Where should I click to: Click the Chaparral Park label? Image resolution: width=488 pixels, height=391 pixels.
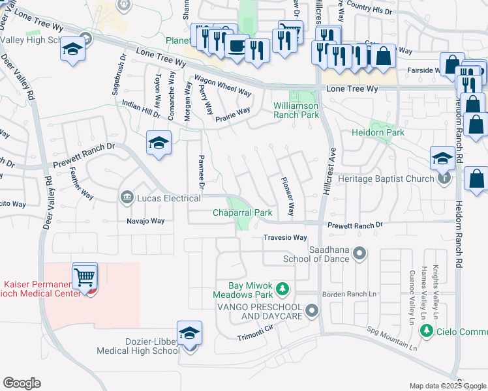[x=243, y=213]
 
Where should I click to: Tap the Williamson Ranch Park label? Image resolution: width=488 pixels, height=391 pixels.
[x=296, y=110]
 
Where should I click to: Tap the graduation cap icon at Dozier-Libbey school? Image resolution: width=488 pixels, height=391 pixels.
[x=189, y=334]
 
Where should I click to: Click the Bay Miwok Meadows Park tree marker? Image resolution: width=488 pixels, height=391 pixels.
[x=282, y=287]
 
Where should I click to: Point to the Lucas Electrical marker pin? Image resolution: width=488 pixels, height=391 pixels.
[x=125, y=197]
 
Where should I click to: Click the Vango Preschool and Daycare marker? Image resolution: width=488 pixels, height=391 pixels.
[x=312, y=311]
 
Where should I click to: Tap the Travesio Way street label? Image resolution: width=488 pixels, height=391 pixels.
[x=285, y=238]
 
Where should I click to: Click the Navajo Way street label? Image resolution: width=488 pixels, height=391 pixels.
[x=145, y=221]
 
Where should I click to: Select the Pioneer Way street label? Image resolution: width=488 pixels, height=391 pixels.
[x=288, y=197]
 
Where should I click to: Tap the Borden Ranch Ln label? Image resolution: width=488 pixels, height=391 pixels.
[x=350, y=295]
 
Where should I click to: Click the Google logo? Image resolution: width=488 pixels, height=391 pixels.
[x=22, y=383]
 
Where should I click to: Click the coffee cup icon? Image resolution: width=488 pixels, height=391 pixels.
[x=236, y=46]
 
